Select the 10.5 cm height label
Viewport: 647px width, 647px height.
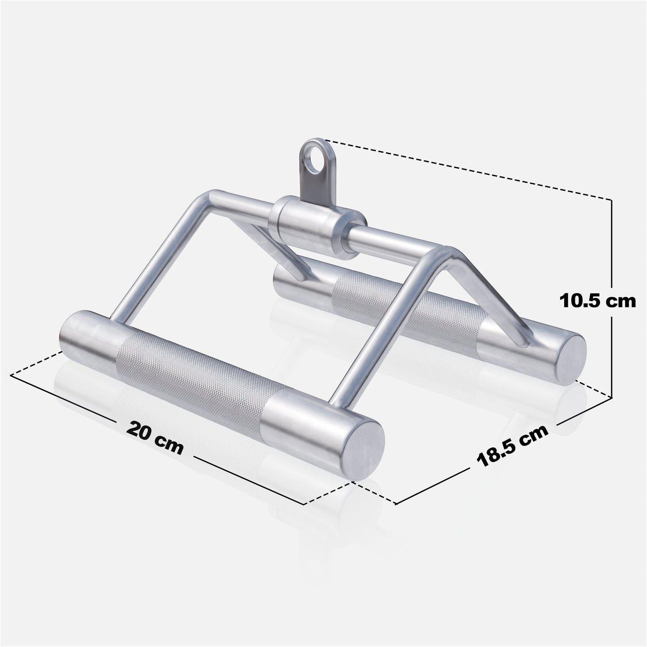597,300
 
